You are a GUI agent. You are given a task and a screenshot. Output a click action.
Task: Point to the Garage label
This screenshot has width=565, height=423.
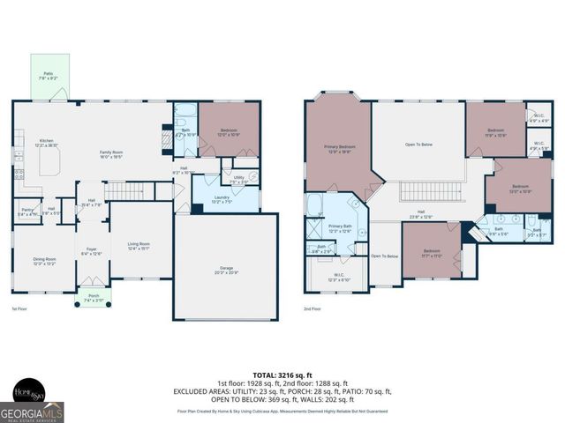(x=226, y=270)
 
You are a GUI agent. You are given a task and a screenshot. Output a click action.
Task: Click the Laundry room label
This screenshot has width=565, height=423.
(x=222, y=199)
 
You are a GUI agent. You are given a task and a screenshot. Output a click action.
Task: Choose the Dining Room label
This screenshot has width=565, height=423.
(x=44, y=260)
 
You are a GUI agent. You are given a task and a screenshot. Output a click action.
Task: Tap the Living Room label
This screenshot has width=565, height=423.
(x=139, y=246)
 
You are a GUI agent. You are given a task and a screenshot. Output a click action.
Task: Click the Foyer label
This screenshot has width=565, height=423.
(x=92, y=251)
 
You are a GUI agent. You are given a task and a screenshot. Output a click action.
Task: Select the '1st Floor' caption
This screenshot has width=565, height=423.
(x=20, y=309)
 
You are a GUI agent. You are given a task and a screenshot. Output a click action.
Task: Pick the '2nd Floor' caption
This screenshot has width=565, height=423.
(x=313, y=309)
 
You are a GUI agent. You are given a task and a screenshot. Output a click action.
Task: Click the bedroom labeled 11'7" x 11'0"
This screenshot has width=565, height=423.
(x=432, y=253)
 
